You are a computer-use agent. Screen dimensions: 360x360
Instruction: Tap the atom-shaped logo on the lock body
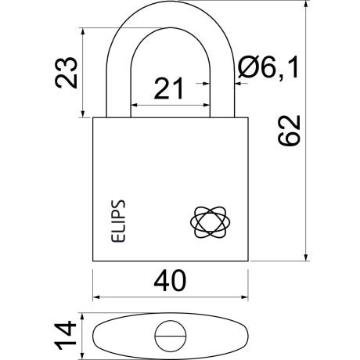click(211, 222)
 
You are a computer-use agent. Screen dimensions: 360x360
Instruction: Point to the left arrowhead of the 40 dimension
click(97, 298)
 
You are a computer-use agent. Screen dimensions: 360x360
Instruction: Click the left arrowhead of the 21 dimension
click(134, 105)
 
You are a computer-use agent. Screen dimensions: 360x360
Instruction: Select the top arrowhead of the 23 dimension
click(81, 34)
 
